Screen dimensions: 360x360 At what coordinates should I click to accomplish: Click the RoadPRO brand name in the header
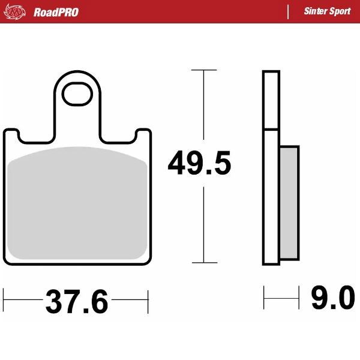click(56, 12)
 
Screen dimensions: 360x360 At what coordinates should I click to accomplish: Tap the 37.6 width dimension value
click(76, 302)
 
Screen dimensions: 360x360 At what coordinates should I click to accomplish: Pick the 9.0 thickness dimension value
click(332, 298)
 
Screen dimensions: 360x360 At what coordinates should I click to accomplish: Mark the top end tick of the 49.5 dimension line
click(204, 70)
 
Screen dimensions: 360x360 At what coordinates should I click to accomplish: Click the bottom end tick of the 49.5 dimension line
click(204, 263)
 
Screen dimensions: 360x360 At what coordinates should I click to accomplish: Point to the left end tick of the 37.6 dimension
click(4, 298)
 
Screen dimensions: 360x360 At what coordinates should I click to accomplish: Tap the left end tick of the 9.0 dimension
click(264, 296)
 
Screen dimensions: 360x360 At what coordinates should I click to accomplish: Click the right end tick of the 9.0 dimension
click(299, 296)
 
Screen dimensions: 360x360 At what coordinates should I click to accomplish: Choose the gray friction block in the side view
click(289, 201)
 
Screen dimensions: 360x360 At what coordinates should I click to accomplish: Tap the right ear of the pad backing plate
click(143, 136)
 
